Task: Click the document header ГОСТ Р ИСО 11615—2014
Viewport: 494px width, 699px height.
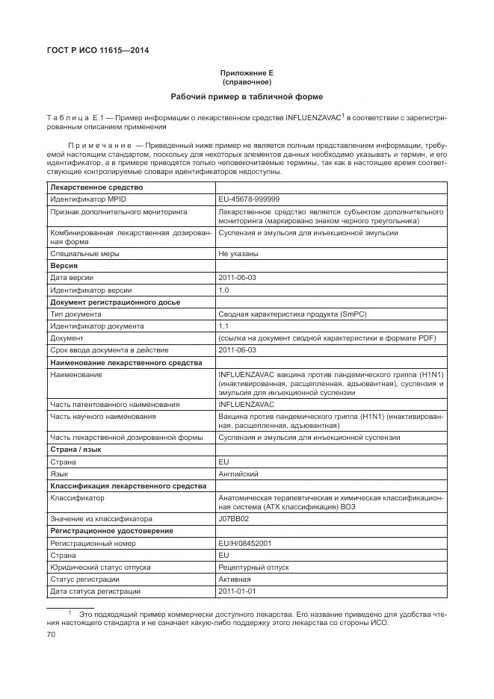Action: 98,51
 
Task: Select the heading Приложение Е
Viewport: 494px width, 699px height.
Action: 247,73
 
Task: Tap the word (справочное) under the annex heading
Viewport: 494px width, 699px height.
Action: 247,82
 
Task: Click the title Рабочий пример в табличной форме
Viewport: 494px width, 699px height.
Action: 247,97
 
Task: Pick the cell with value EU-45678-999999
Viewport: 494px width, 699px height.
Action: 249,199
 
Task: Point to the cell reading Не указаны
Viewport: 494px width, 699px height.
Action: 238,254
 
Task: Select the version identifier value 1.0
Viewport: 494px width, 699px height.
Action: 223,290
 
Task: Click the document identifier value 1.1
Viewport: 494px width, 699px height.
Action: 223,326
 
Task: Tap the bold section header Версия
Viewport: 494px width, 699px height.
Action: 64,266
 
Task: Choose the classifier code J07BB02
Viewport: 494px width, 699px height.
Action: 233,518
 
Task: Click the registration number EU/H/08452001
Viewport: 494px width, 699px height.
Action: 245,543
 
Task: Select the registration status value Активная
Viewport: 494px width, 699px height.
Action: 235,580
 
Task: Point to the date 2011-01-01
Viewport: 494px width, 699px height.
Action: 237,591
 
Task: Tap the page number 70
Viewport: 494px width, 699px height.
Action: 52,634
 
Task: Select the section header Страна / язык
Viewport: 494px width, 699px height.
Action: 75,450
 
